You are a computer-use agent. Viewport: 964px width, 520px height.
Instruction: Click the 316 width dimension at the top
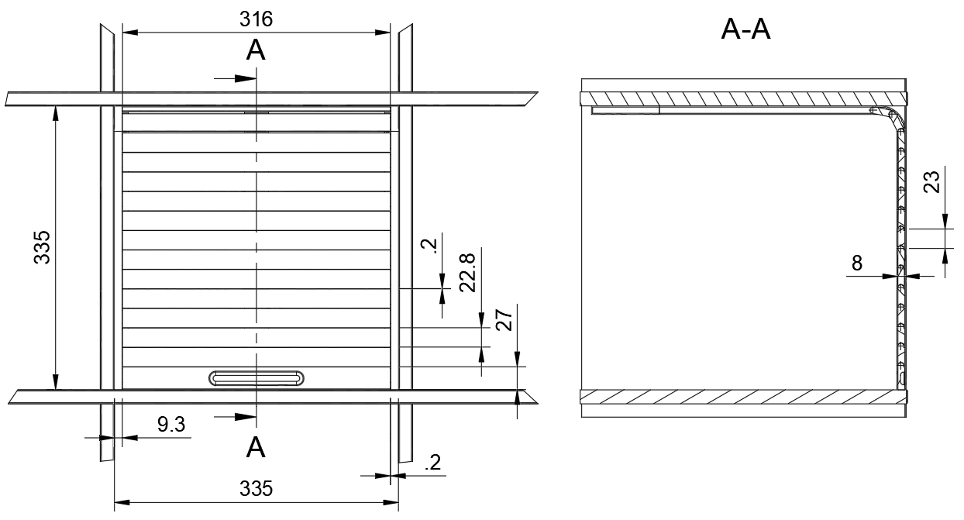(x=256, y=19)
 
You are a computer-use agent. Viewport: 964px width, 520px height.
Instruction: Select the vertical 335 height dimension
(x=42, y=247)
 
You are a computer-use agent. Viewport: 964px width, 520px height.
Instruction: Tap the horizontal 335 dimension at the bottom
(x=256, y=488)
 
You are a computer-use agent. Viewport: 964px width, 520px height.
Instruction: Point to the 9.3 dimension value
(x=171, y=425)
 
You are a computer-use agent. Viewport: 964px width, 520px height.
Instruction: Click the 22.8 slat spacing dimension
(x=467, y=273)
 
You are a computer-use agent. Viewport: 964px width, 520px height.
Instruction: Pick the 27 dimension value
(x=504, y=320)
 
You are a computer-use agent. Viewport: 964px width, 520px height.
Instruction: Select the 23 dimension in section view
(x=931, y=182)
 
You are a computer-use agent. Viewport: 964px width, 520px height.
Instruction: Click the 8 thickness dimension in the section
(x=857, y=263)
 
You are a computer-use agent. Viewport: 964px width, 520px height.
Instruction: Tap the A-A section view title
(x=745, y=29)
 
